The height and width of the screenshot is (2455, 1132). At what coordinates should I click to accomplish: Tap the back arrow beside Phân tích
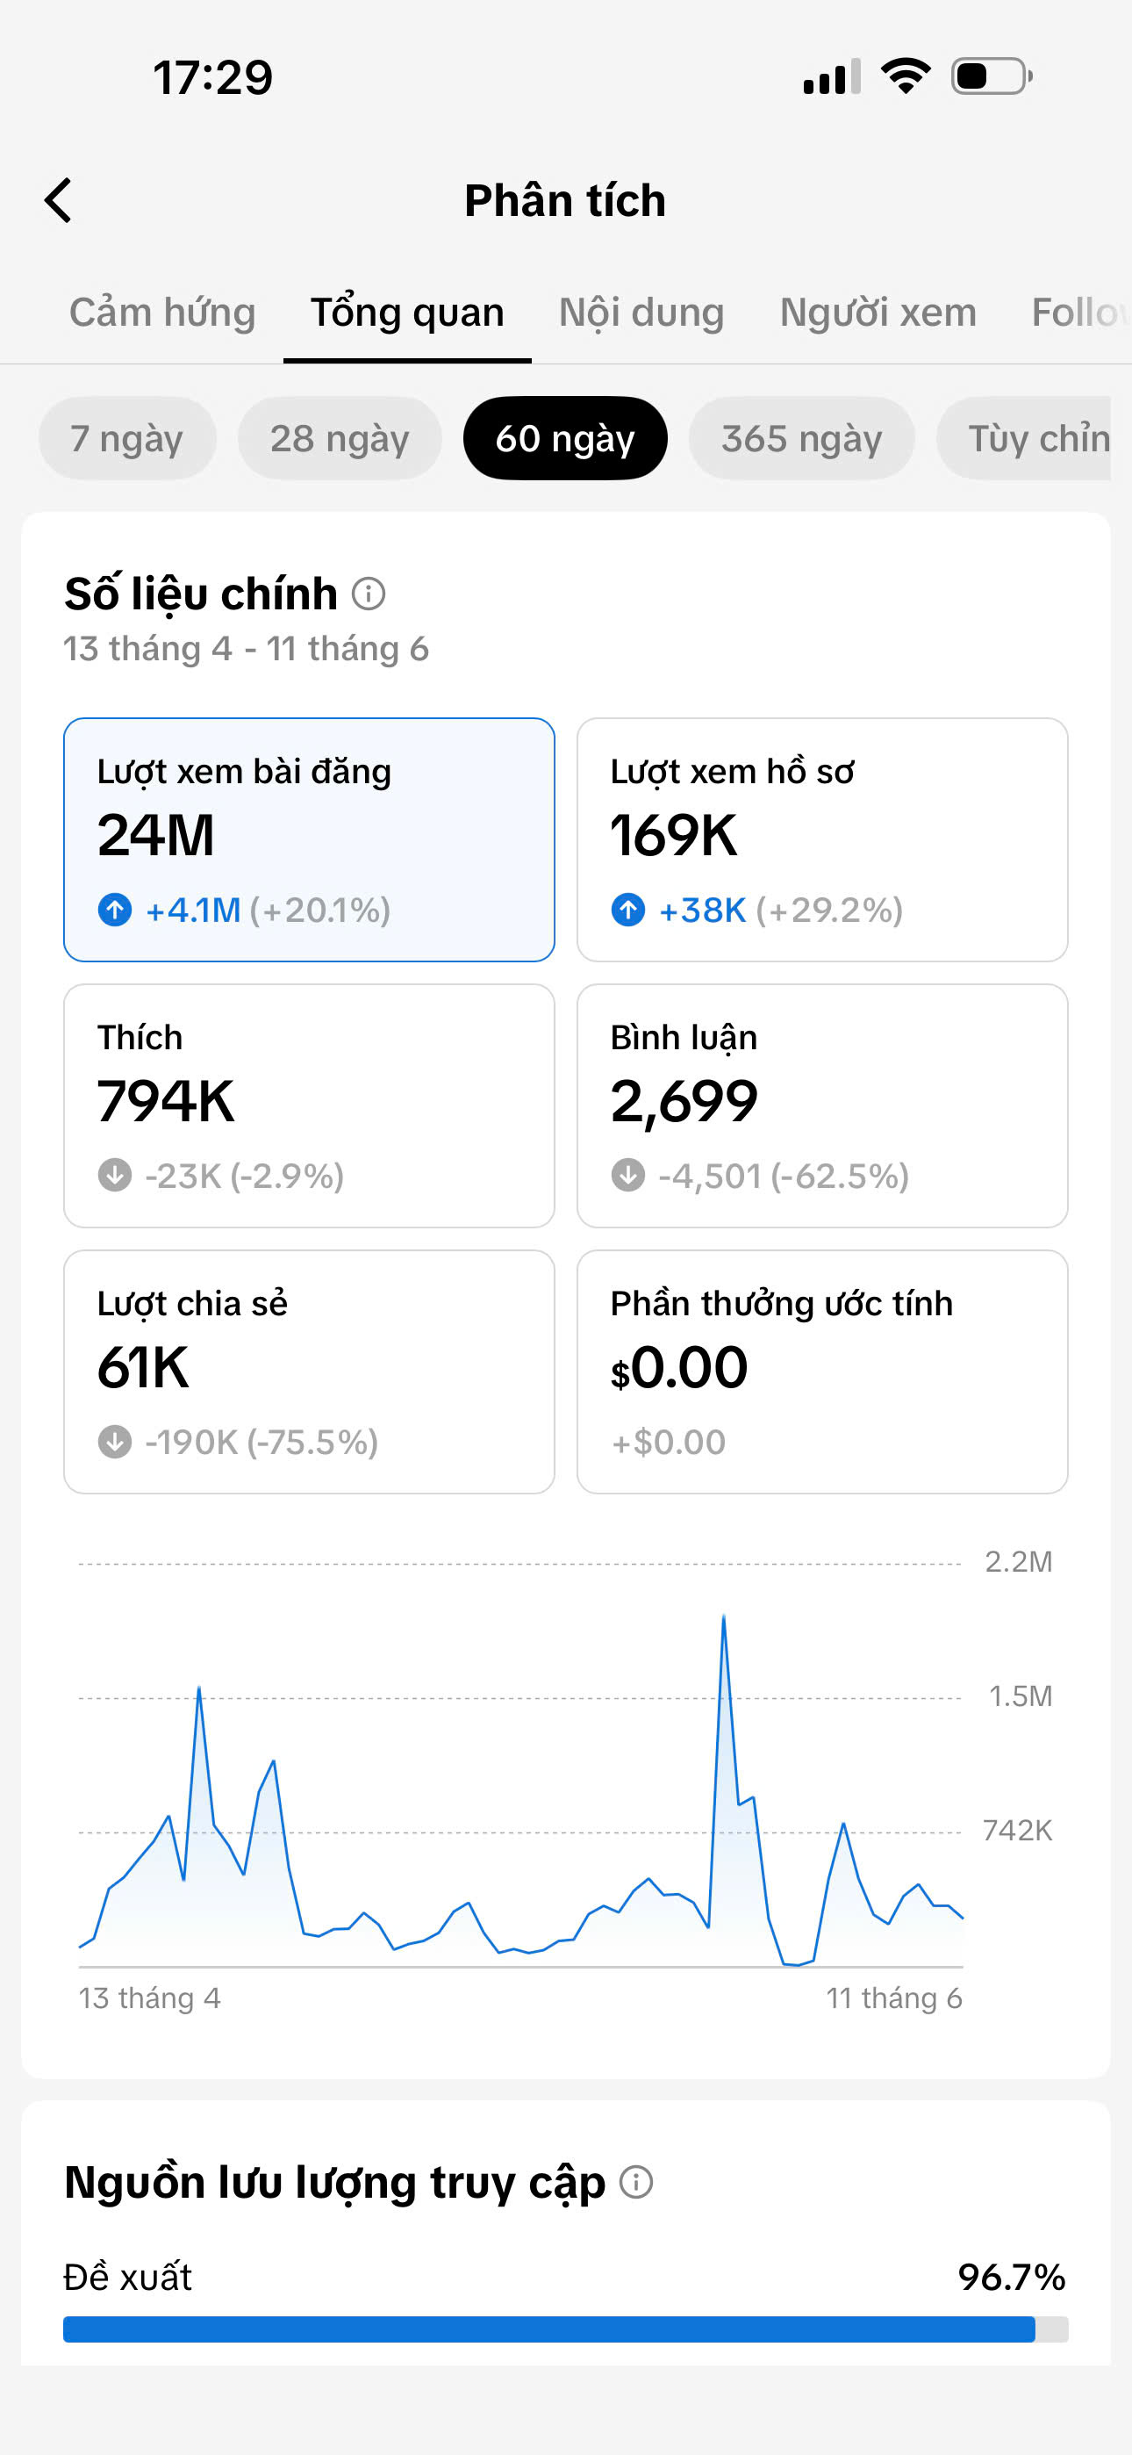point(58,200)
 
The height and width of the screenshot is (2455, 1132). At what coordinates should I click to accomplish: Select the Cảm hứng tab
point(163,313)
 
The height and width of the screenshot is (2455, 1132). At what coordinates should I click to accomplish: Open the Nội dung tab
point(641,313)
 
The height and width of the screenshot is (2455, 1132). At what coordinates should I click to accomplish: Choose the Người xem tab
point(878,313)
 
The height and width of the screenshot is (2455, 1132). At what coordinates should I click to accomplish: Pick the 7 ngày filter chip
point(126,438)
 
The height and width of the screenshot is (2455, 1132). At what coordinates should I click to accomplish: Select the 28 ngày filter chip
point(340,438)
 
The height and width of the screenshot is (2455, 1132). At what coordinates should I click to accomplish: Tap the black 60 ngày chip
point(565,438)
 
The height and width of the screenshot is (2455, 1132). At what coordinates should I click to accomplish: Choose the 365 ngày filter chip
point(801,438)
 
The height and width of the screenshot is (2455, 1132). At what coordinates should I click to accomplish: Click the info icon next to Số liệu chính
point(369,594)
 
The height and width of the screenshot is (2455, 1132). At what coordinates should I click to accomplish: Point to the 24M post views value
point(156,836)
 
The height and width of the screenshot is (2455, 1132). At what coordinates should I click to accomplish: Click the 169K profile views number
point(674,836)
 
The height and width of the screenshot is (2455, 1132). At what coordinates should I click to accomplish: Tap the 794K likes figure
point(166,1102)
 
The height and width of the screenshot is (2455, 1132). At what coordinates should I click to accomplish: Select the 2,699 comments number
point(684,1103)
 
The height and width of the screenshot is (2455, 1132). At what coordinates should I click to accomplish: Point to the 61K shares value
point(143,1368)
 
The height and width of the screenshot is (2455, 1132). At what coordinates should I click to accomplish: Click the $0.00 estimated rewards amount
point(679,1368)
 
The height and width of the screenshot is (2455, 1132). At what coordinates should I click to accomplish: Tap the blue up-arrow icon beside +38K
point(628,911)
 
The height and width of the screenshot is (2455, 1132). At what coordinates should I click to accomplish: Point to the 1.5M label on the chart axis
point(1021,1696)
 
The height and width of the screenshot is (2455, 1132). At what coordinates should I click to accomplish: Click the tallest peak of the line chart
point(724,1616)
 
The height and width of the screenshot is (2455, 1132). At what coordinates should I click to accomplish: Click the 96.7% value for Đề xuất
point(1012,2277)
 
